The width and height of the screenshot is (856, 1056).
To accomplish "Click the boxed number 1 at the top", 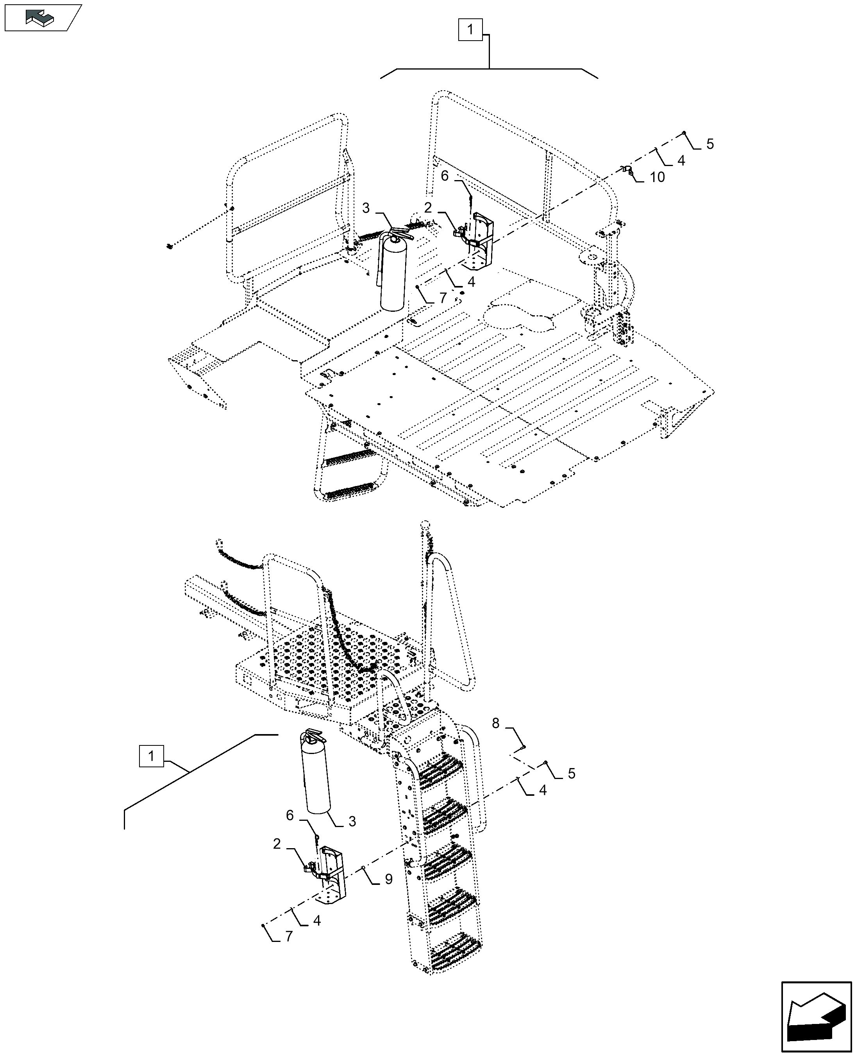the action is pos(470,30).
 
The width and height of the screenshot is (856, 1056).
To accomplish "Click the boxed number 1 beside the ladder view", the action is pos(151,770).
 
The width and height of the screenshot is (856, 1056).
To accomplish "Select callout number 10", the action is pos(657,177).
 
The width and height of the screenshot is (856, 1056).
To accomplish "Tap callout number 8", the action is pos(495,723).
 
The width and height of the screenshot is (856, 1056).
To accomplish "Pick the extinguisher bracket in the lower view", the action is pos(327,875).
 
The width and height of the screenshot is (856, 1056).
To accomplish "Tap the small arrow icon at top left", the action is pos(42,18).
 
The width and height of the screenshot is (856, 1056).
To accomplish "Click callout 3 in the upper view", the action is pos(365,209).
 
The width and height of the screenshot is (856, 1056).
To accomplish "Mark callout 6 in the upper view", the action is pos(445,176).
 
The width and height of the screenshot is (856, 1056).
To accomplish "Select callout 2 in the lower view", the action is pos(277,844).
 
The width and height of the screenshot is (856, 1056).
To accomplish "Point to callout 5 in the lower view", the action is pos(572,774).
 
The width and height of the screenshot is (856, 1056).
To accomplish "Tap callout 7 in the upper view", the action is pos(443,298).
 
